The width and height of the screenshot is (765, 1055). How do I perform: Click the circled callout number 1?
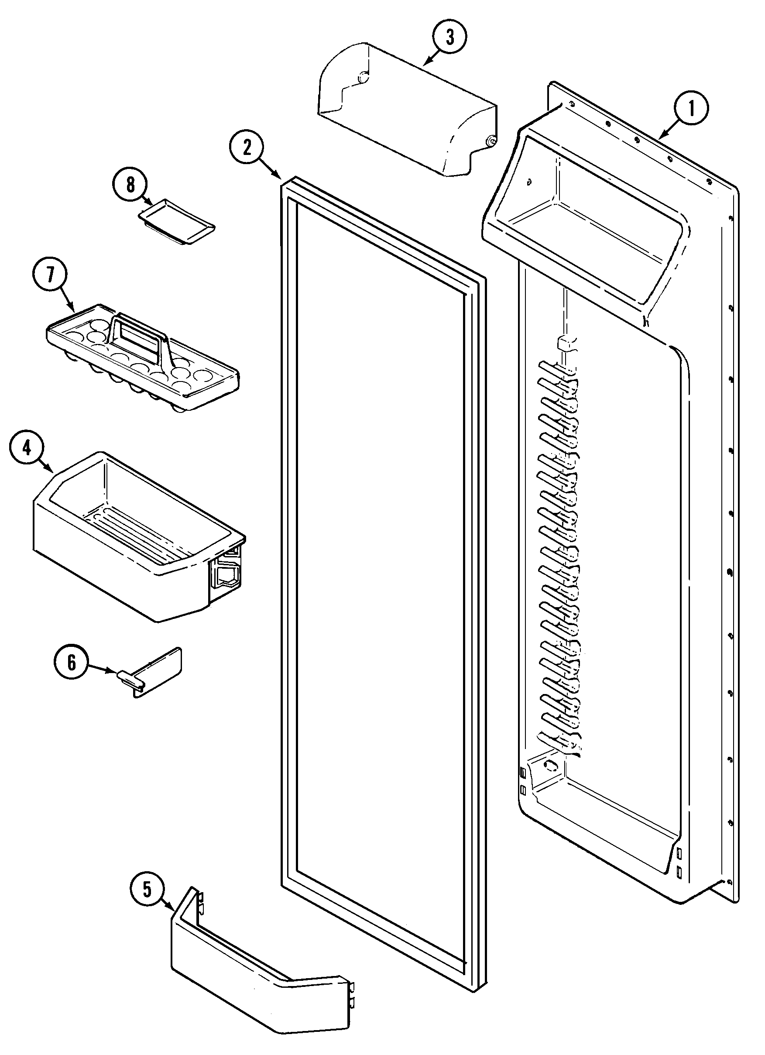coord(691,108)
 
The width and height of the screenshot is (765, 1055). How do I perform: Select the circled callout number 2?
coord(247,148)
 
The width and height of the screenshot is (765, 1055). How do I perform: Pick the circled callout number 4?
coord(27,448)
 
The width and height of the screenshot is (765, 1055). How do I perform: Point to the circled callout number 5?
coord(147,890)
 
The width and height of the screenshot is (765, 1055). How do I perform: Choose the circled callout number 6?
coord(72,662)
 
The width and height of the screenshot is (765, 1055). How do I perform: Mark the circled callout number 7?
coord(50,275)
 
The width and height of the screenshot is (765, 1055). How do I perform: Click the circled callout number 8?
coord(130,185)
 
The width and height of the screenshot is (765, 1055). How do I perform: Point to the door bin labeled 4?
coord(130,535)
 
